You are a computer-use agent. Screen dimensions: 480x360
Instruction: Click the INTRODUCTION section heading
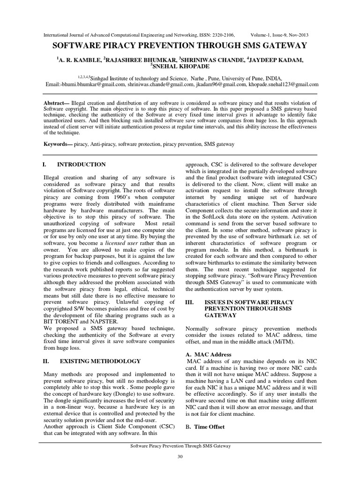point(81,165)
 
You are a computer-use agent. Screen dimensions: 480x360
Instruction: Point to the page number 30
point(180,457)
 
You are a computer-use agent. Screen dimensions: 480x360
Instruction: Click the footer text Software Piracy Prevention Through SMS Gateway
point(180,447)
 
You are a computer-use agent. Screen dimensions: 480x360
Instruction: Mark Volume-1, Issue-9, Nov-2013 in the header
point(279,35)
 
